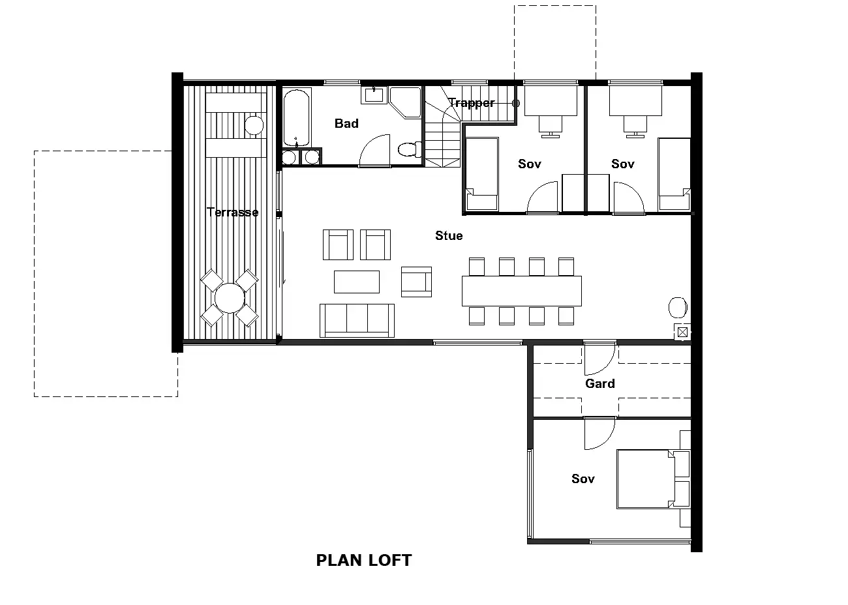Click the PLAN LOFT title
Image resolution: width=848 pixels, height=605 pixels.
click(364, 561)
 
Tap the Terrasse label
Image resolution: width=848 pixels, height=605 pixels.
click(232, 212)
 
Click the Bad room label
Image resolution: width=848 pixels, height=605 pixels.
click(346, 123)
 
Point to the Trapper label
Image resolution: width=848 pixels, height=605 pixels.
click(472, 103)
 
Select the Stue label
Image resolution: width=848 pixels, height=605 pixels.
click(449, 236)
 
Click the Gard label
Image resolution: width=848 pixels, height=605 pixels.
click(599, 383)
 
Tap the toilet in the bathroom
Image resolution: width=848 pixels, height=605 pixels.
click(410, 149)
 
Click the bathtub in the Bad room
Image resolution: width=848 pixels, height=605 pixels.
click(296, 117)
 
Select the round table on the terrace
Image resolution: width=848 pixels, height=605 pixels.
click(230, 298)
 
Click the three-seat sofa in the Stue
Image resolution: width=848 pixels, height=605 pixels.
click(357, 321)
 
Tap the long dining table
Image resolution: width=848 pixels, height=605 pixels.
click(522, 291)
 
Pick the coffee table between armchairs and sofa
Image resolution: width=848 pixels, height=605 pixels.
click(357, 282)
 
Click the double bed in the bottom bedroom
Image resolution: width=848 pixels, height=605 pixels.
click(646, 479)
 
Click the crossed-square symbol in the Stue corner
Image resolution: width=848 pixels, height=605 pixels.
click(682, 332)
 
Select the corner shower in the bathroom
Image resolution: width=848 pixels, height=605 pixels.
click(406, 102)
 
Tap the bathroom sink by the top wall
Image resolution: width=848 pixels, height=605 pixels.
click(374, 95)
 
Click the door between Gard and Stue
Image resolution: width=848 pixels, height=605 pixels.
click(599, 357)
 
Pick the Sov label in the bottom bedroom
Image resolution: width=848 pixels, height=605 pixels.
click(583, 479)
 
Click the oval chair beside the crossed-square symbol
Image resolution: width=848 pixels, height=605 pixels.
click(678, 308)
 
